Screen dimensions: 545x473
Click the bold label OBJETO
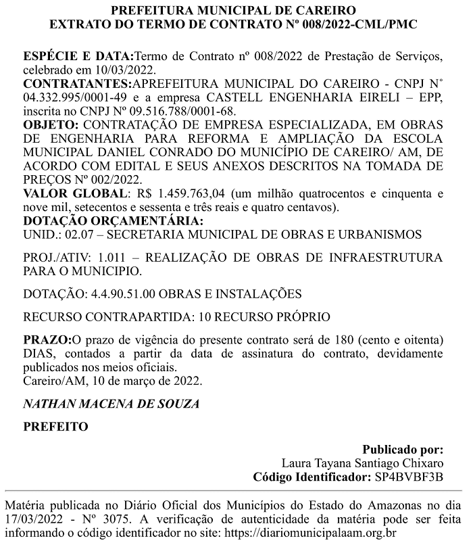click(51, 126)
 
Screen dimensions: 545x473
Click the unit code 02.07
click(82, 234)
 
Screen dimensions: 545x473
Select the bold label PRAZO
click(46, 338)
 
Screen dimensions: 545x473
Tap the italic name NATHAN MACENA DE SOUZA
click(111, 404)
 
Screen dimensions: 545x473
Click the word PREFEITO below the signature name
click(56, 427)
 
